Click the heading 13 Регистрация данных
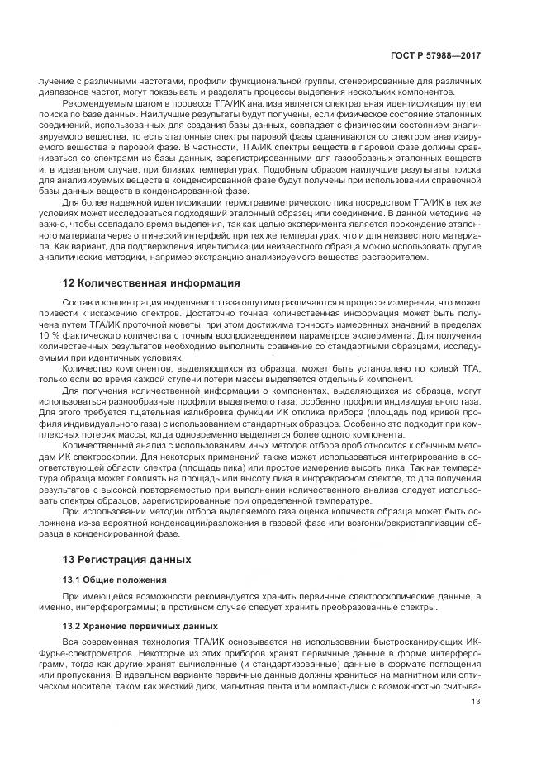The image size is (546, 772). pos(127,559)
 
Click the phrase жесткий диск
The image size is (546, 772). pos(192,684)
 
